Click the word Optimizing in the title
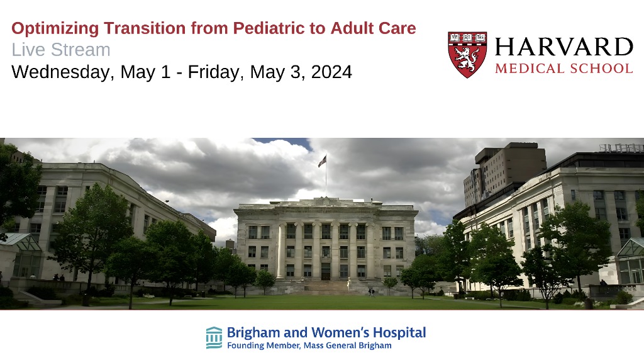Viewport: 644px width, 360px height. coord(55,29)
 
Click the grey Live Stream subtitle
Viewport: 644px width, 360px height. coord(61,50)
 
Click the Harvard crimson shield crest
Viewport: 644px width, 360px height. coord(467,55)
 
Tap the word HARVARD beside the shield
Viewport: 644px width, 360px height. coord(564,47)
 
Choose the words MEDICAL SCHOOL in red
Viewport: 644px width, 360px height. coord(564,69)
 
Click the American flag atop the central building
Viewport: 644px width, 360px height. coord(323,161)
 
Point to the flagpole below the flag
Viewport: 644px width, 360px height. coord(326,181)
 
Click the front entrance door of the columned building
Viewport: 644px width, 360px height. coord(326,272)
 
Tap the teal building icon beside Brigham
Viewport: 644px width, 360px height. coord(214,338)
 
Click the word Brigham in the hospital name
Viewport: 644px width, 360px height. coord(253,333)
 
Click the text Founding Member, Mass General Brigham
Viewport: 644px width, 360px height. coord(309,346)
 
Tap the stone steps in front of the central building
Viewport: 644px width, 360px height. coord(325,287)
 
